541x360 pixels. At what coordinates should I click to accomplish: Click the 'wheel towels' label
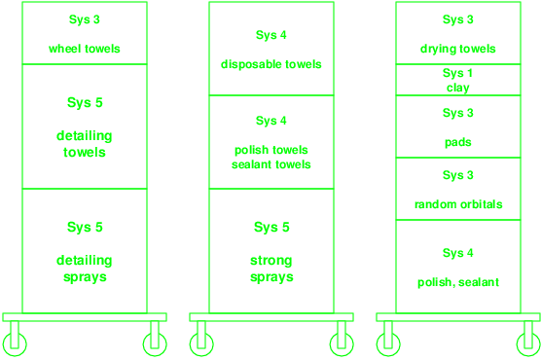pos(85,49)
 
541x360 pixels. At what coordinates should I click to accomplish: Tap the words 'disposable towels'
pos(271,64)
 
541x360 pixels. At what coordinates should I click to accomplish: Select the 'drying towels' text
pos(458,49)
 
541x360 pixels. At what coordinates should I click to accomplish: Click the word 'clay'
pos(458,88)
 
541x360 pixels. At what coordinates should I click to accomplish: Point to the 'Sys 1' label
pos(458,73)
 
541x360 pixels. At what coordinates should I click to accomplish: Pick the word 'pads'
pos(458,143)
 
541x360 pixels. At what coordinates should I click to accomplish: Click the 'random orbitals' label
pos(458,204)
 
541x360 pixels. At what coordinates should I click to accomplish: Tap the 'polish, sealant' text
pos(458,282)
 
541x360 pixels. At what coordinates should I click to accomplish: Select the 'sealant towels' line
pos(271,164)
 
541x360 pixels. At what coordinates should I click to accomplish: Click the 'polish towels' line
pos(271,150)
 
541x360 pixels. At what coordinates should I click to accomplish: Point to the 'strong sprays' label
pos(271,269)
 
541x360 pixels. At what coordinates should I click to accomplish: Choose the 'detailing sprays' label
pos(85,269)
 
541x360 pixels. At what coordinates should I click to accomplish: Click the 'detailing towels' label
pos(85,144)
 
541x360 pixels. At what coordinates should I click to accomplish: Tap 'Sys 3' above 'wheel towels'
pos(85,19)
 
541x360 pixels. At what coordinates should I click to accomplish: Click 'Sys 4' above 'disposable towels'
pos(271,35)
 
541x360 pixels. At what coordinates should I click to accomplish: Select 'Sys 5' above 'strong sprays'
pos(271,227)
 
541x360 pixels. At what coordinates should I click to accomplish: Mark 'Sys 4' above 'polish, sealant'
pos(458,253)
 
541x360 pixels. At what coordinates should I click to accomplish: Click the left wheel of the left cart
pos(15,344)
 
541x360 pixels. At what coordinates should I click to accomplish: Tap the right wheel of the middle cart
pos(342,344)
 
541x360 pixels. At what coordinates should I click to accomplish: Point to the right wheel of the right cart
pos(528,344)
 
